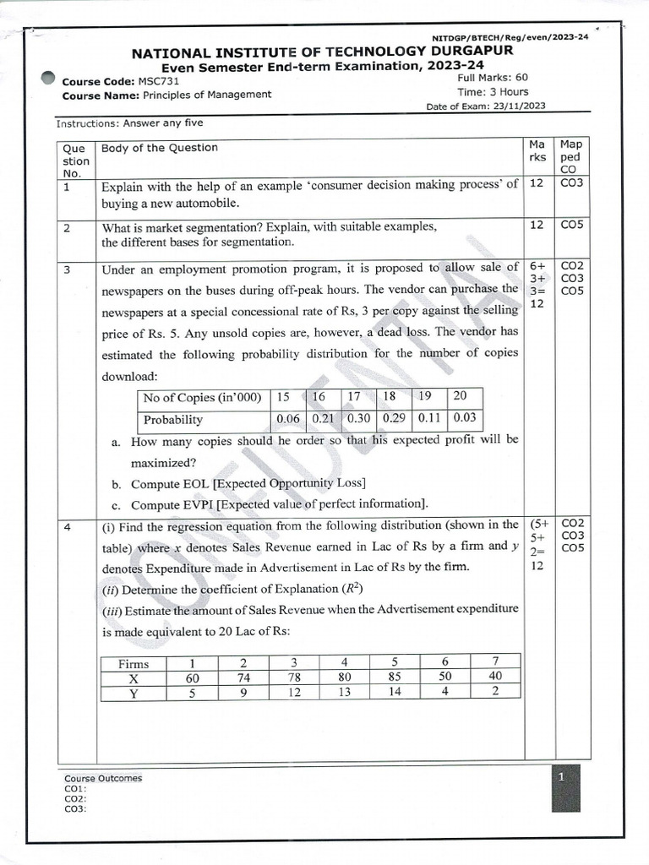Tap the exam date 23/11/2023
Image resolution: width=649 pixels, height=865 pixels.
click(x=521, y=106)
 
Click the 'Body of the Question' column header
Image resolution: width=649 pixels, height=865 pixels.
click(x=159, y=148)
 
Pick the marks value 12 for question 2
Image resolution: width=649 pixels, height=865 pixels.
click(x=536, y=225)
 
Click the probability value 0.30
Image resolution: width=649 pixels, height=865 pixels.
click(x=358, y=419)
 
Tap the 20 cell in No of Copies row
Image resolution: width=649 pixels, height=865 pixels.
click(x=460, y=397)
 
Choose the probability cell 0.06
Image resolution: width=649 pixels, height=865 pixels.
click(x=289, y=419)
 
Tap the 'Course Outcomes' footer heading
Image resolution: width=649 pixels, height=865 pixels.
click(x=103, y=778)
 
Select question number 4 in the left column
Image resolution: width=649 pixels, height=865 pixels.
click(x=67, y=525)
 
